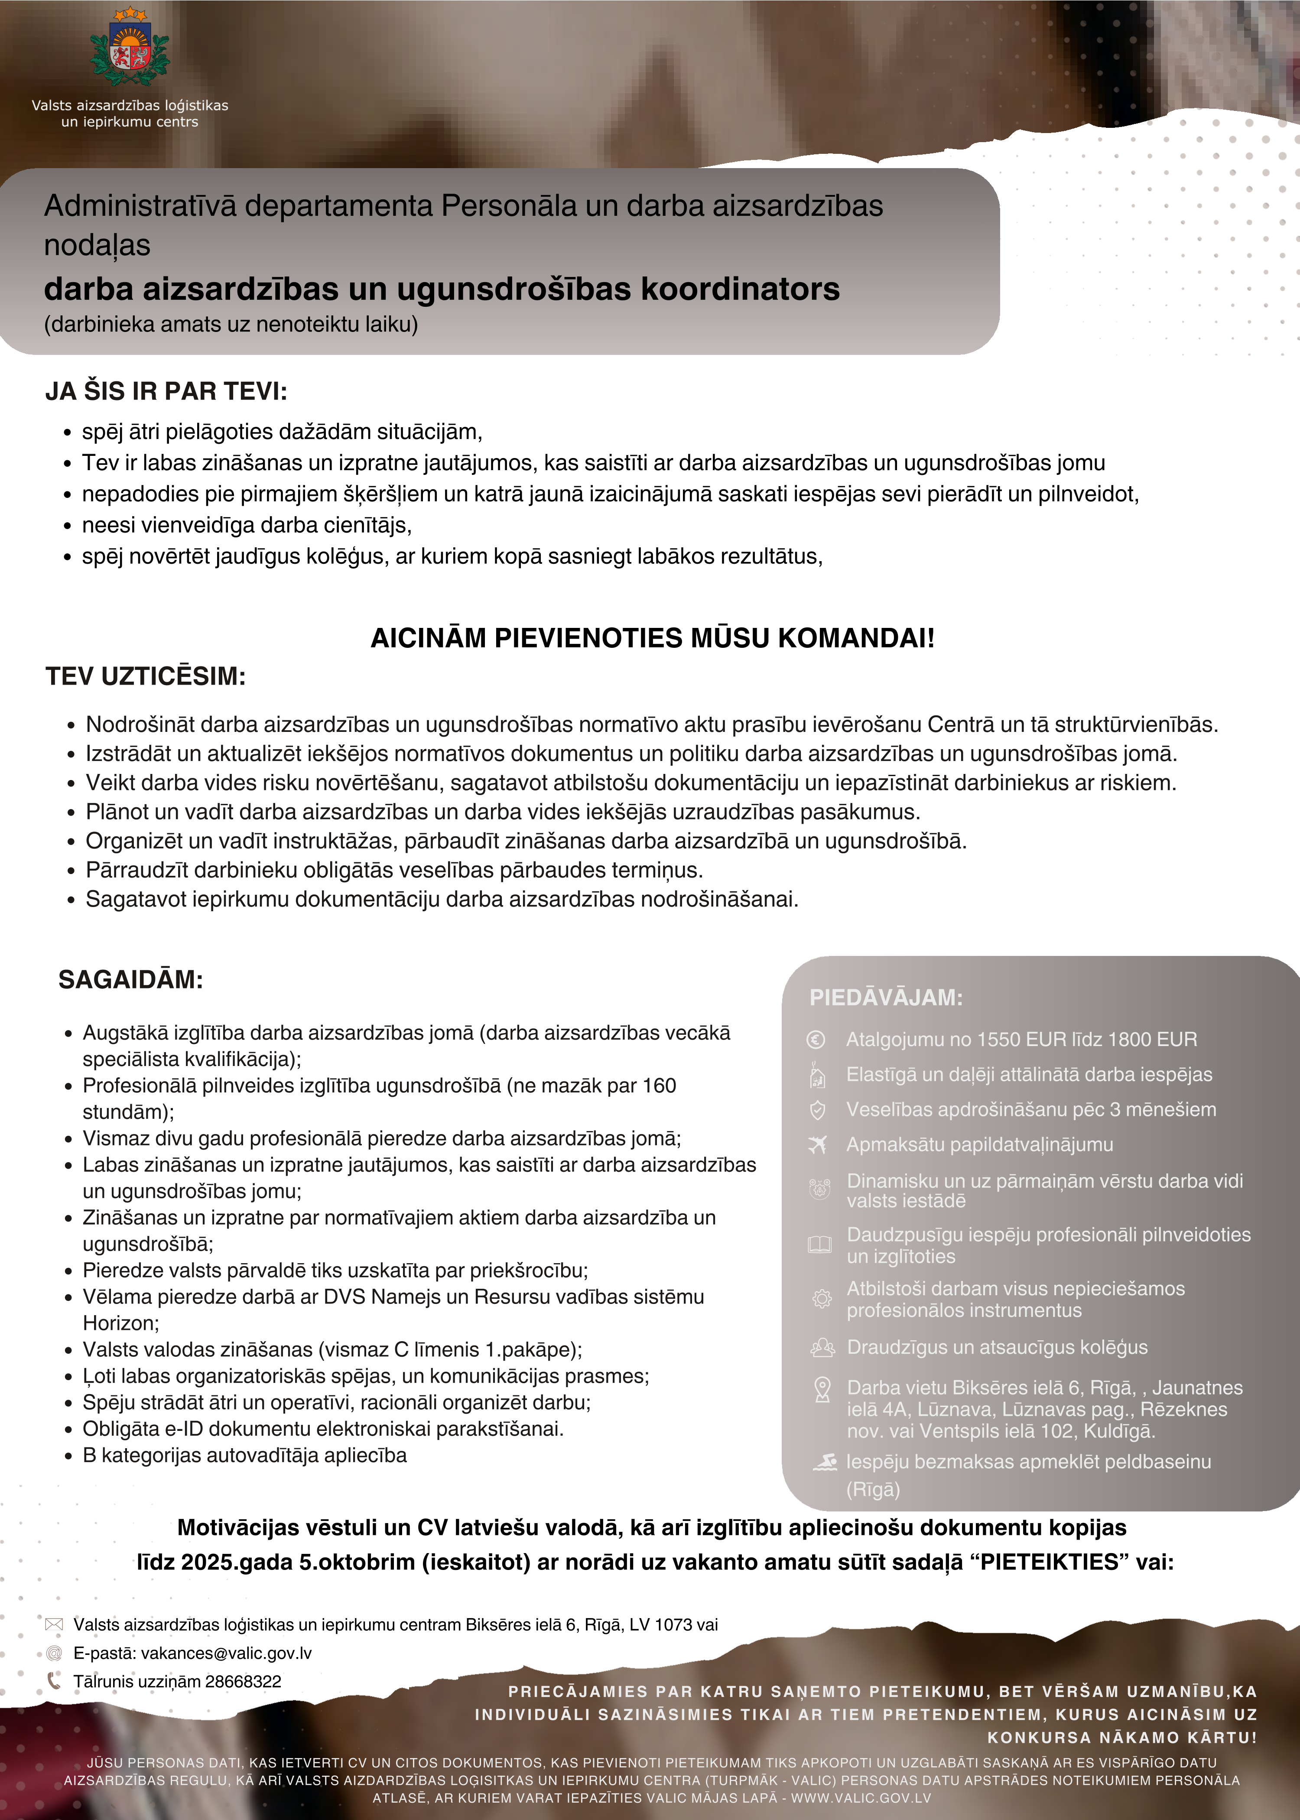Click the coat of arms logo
pos(130,50)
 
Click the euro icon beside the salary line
pos(816,1040)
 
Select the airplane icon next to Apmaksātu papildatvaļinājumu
pos(817,1145)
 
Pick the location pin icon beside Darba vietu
pos(821,1389)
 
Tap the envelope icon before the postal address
pos(54,1625)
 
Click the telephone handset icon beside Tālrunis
pos(54,1681)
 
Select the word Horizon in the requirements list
pos(120,1323)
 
